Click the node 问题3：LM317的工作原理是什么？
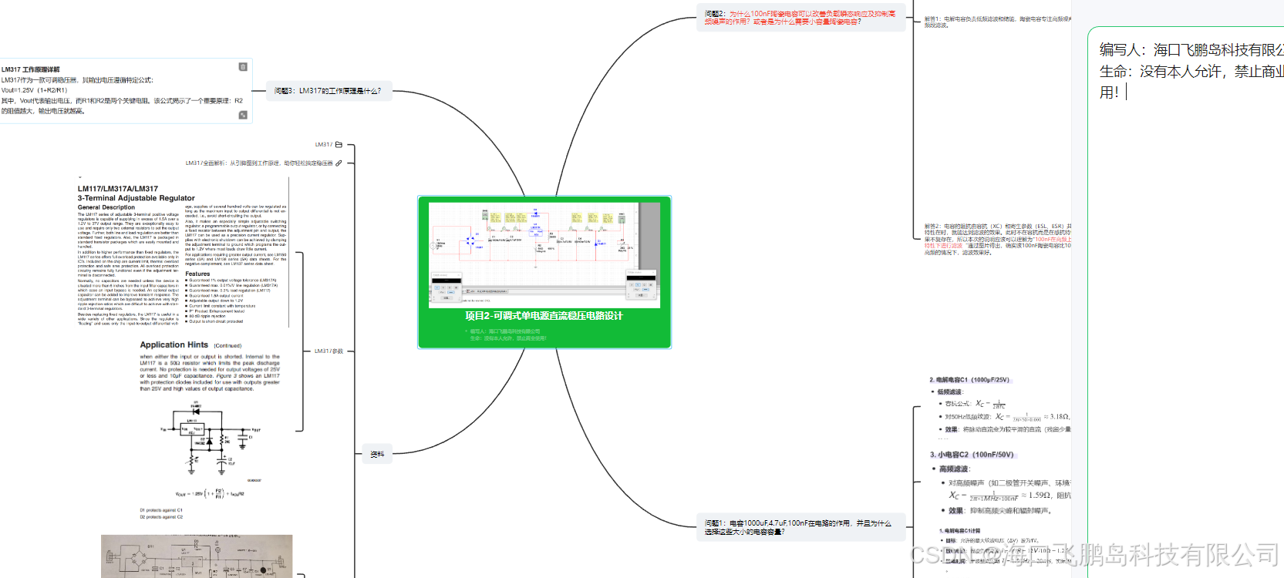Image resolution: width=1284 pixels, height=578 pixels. (x=328, y=91)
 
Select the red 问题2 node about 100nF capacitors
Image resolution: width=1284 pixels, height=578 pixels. (x=800, y=18)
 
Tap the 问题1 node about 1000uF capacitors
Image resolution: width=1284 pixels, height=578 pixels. (x=797, y=527)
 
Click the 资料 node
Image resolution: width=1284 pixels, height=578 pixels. (x=377, y=455)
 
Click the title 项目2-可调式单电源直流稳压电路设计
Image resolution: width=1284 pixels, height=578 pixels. (x=544, y=316)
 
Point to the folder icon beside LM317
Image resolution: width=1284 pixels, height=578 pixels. (x=339, y=145)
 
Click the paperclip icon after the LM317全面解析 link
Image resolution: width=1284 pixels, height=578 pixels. (x=339, y=163)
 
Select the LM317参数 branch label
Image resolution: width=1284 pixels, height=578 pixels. (x=329, y=351)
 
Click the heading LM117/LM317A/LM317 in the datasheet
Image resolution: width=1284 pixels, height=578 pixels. (x=118, y=189)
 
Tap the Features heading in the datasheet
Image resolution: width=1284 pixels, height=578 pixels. (x=197, y=274)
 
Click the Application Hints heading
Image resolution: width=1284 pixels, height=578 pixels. (x=174, y=345)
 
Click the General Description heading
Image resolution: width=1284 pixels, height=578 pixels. (x=106, y=207)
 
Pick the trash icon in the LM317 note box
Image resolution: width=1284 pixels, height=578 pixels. (x=243, y=67)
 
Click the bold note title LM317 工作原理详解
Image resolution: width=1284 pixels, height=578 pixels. (x=31, y=69)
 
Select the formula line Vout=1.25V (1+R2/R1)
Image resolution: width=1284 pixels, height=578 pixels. (x=34, y=90)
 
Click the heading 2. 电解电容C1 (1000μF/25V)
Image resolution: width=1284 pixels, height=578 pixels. (x=969, y=380)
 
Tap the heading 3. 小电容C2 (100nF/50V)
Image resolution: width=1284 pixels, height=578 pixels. (x=972, y=455)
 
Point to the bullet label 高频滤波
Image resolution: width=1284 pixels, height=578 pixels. (x=954, y=469)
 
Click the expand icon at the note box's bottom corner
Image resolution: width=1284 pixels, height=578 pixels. (x=243, y=115)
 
